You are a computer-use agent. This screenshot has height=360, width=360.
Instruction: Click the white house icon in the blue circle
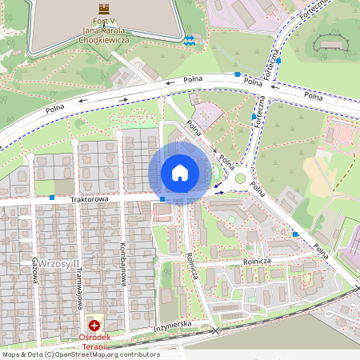(180, 173)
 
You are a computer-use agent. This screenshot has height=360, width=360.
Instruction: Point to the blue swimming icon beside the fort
(190, 39)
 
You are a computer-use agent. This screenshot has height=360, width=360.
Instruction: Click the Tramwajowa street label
(80, 281)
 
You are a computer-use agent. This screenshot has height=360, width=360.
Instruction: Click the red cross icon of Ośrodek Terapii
(95, 326)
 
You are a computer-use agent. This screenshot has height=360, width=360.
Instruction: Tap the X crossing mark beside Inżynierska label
(214, 330)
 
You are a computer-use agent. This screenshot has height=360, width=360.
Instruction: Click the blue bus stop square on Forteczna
(254, 117)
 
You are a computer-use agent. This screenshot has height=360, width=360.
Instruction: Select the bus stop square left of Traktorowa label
(52, 197)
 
